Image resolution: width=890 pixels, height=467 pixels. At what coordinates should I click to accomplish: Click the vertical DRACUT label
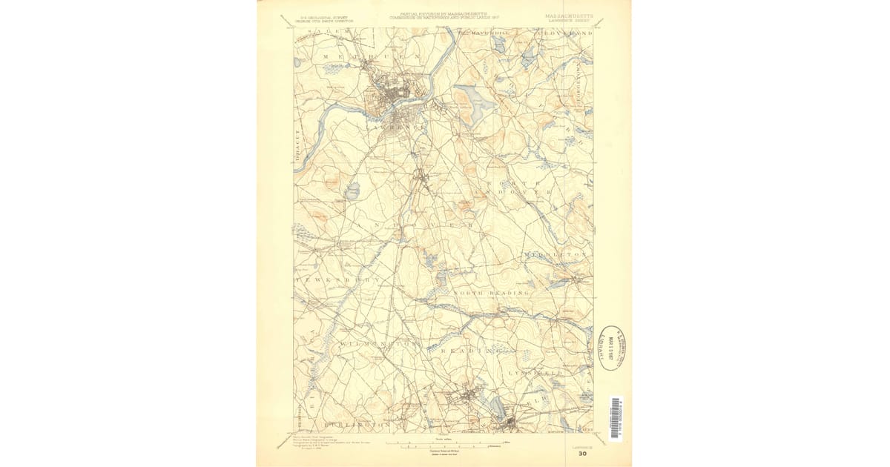[297, 144]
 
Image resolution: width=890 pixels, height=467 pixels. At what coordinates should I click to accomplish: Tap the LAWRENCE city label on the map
[403, 127]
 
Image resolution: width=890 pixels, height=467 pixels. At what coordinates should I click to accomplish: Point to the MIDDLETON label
[556, 254]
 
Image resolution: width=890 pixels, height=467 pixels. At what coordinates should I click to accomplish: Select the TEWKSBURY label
[338, 279]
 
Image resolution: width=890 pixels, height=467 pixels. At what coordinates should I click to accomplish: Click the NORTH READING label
[492, 294]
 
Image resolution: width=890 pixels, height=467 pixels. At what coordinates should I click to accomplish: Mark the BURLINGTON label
[356, 424]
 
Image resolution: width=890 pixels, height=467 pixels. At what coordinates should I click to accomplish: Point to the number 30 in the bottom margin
[583, 454]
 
